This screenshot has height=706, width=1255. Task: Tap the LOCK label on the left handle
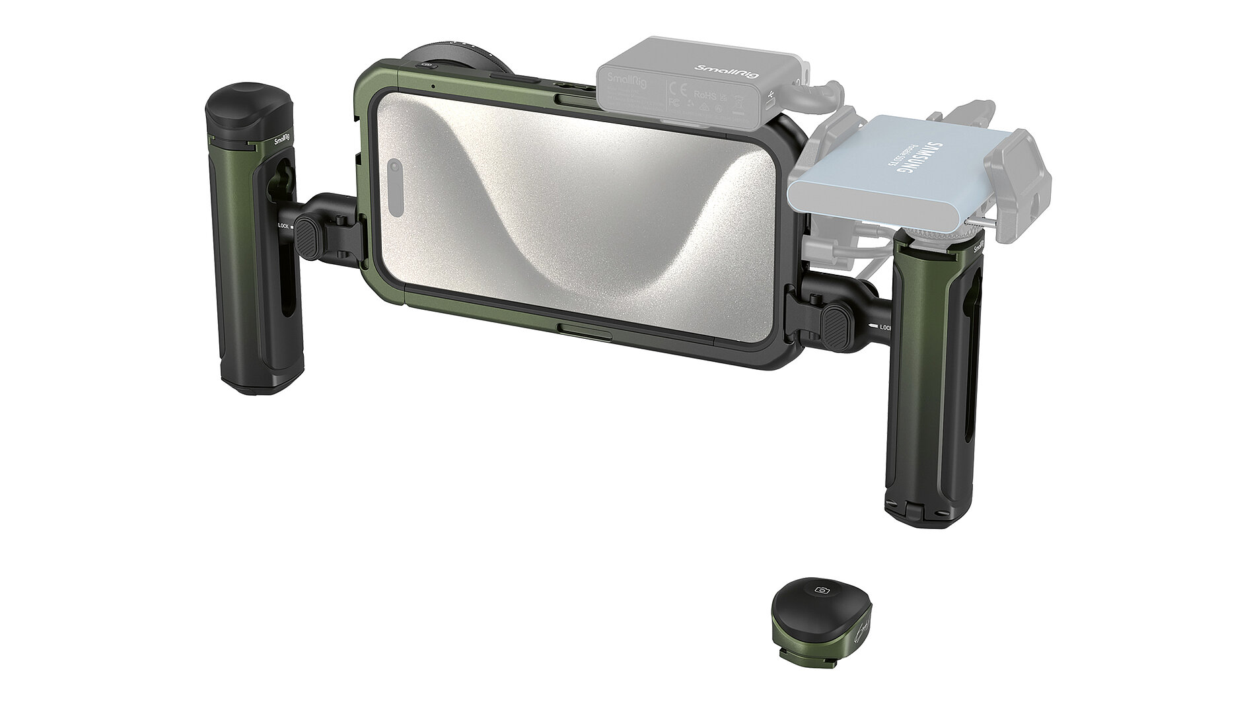[283, 226]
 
